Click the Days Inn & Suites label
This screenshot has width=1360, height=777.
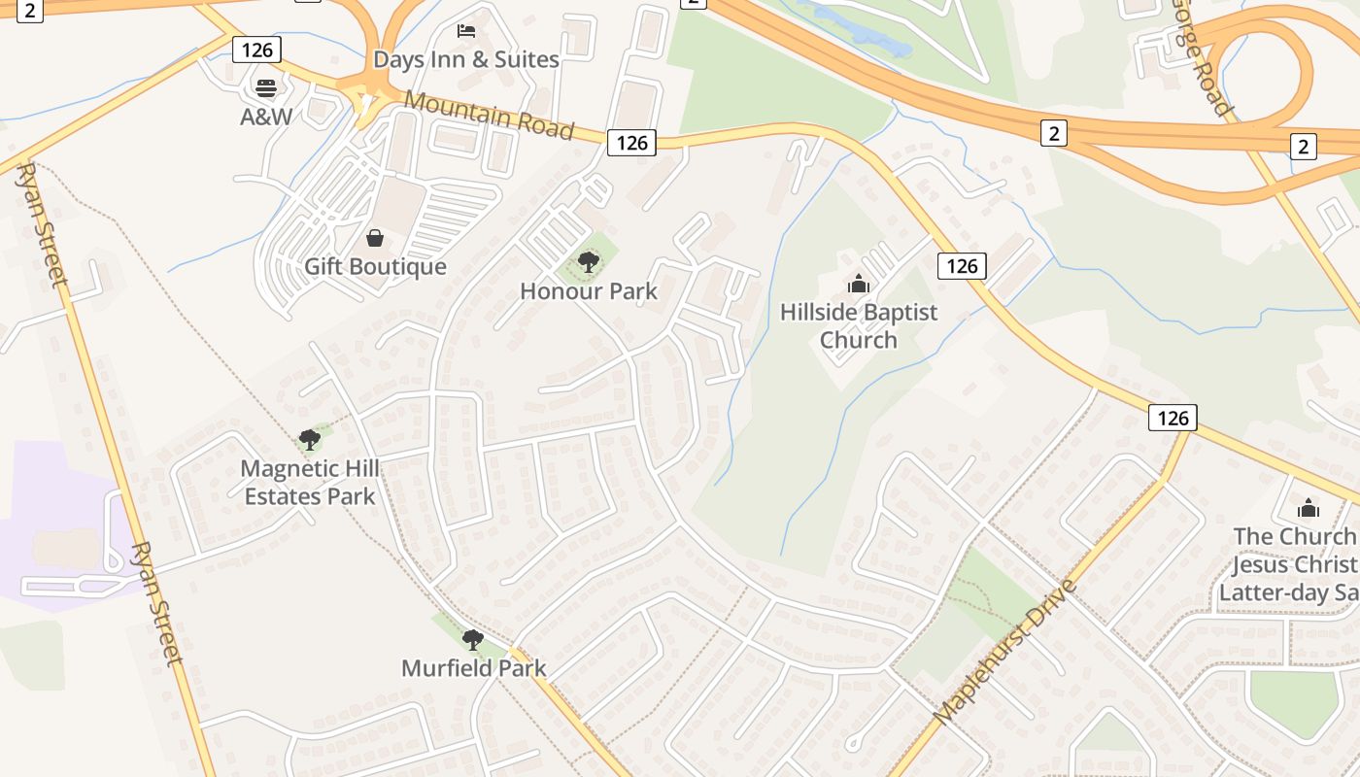click(x=466, y=59)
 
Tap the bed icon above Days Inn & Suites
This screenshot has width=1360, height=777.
click(x=466, y=30)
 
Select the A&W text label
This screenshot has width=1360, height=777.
click(x=266, y=117)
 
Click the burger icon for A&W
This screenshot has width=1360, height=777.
click(x=266, y=88)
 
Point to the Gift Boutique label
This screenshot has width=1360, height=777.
click(x=375, y=266)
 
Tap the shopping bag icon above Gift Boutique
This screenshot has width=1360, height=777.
click(x=375, y=238)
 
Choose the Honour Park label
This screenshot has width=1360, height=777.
click(x=589, y=290)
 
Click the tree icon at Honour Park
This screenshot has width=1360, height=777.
click(x=589, y=262)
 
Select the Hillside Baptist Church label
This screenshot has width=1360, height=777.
click(x=859, y=325)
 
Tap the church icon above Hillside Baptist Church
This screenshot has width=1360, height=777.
click(x=859, y=284)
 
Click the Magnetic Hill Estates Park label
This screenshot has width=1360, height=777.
click(x=310, y=482)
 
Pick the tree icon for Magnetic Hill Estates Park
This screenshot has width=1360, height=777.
click(x=310, y=440)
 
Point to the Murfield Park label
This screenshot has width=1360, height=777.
click(x=474, y=668)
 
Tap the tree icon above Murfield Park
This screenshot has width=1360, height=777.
click(x=473, y=640)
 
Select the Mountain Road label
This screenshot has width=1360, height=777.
click(x=489, y=115)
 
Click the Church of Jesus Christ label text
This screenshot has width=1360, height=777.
click(x=1295, y=564)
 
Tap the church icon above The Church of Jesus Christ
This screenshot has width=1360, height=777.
click(x=1309, y=508)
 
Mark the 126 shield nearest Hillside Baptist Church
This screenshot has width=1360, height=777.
click(x=962, y=265)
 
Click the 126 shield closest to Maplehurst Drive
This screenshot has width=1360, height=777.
click(x=1173, y=418)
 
